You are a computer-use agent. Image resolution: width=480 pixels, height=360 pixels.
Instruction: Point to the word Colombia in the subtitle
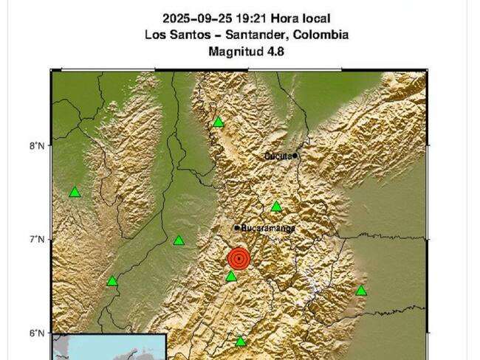pos(322,35)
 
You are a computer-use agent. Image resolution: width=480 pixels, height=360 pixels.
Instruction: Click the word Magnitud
pos(235,51)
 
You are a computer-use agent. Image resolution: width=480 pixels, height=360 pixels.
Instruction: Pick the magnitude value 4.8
pos(276,51)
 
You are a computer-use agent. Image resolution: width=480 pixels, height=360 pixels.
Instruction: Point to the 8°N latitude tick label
pos(36,145)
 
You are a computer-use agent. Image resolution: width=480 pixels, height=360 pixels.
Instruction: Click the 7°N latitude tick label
pos(36,239)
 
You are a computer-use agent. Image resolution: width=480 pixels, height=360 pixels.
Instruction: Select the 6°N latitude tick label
pos(36,333)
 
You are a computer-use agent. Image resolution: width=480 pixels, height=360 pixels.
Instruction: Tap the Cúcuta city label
pos(278,156)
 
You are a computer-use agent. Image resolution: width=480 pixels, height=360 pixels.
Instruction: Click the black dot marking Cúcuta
pos(295,155)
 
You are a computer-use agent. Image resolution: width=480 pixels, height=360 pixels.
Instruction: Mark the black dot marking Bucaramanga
pos(237,228)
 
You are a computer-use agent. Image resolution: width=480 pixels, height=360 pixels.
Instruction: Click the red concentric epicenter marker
pos(239,258)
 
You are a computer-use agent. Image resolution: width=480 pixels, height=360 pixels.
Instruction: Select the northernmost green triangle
pos(219,122)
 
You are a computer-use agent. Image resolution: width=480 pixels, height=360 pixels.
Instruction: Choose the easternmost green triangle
pos(361,291)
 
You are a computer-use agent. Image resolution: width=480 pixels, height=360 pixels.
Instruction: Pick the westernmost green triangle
pos(75,193)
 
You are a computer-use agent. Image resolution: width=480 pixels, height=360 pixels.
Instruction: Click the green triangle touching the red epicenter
pos(231,277)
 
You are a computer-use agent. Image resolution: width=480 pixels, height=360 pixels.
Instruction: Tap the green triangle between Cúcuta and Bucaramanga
pos(276,207)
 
